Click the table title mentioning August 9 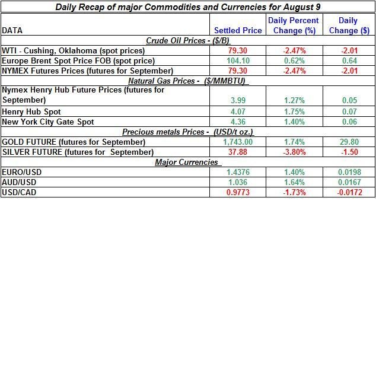188,8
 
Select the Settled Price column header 238,30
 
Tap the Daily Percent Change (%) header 294,26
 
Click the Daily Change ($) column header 348,26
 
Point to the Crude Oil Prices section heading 187,40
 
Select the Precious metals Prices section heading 187,132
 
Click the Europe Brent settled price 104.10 238,60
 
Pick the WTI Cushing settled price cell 238,50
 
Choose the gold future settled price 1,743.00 238,142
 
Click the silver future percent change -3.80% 294,152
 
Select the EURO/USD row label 21,172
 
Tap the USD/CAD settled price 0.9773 238,192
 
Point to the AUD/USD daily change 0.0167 349,182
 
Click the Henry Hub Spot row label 31,111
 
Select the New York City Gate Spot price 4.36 238,122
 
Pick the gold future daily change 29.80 349,142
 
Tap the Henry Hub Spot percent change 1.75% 294,111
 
